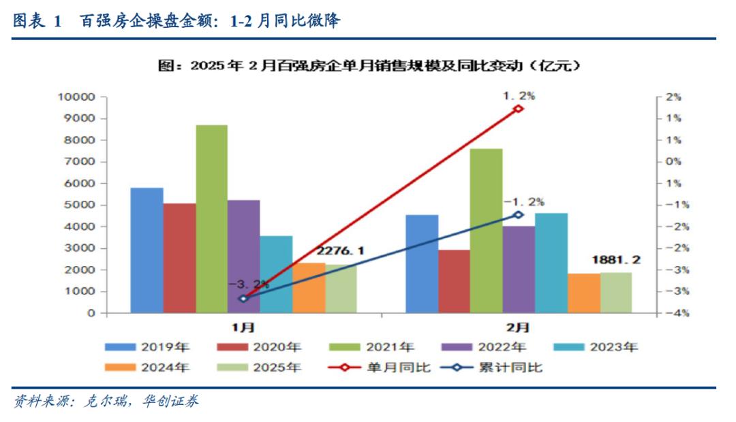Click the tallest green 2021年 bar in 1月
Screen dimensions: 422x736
(x=211, y=219)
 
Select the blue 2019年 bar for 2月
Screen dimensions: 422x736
(x=422, y=264)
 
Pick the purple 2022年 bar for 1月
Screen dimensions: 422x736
(x=243, y=257)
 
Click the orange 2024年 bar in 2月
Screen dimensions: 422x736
(x=584, y=293)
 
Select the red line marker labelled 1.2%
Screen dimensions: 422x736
(x=518, y=108)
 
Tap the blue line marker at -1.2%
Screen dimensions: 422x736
(x=518, y=214)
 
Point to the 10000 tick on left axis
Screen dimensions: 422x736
(x=80, y=97)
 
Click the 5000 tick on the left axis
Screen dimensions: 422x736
(x=82, y=205)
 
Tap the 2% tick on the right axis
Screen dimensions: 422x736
(x=673, y=97)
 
